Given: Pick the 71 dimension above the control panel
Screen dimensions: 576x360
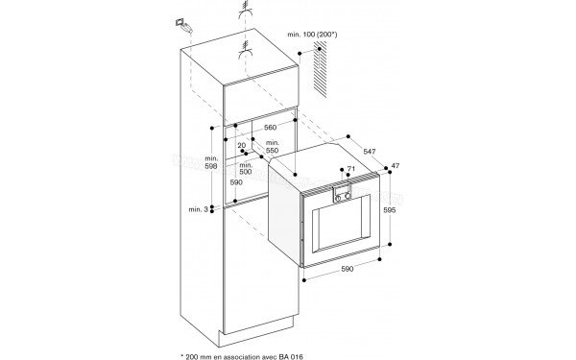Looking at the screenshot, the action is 350,170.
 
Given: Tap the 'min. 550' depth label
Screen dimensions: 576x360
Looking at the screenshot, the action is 272,148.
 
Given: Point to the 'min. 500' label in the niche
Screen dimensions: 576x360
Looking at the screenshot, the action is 247,169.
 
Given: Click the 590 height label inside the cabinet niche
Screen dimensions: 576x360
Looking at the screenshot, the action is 236,182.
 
